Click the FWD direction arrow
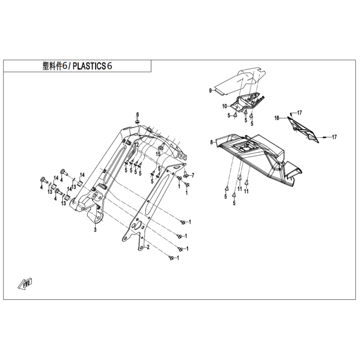(x=25, y=284)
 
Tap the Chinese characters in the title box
(x=52, y=66)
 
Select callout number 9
(x=210, y=91)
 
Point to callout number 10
(x=225, y=106)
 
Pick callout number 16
(x=277, y=118)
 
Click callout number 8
(x=212, y=142)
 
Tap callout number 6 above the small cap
(x=138, y=114)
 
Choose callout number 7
(x=193, y=176)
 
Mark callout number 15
(x=158, y=154)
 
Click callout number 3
(x=95, y=229)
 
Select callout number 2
(x=148, y=247)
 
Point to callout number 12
(x=137, y=145)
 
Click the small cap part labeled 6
(x=137, y=121)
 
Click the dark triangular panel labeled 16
(x=303, y=130)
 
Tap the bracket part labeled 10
(x=247, y=103)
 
